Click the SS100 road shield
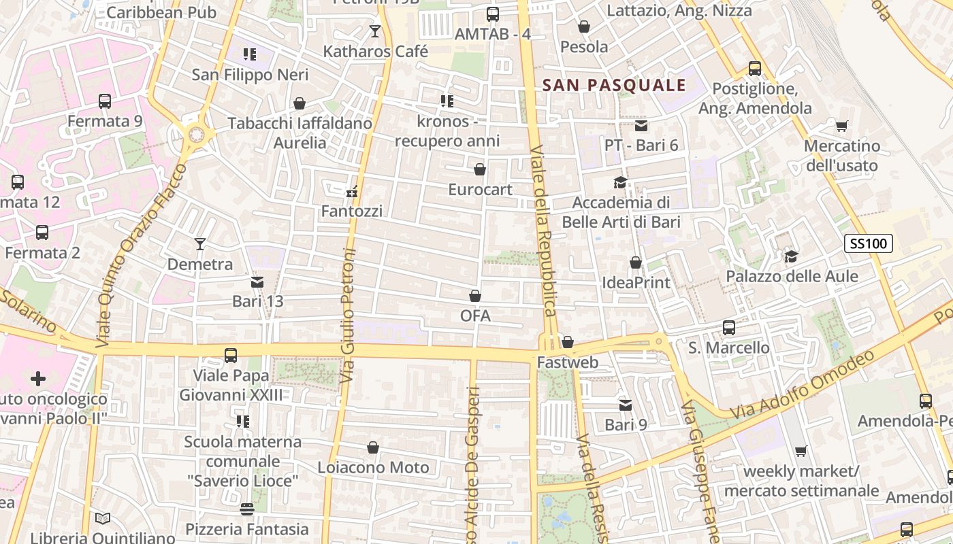[x=868, y=243]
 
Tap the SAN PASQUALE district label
[x=614, y=85]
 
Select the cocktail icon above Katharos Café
[x=374, y=31]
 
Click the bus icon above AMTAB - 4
[x=492, y=14]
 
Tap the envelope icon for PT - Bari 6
[x=641, y=126]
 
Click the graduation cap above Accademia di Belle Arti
[x=620, y=182]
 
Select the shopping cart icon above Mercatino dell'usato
[x=842, y=126]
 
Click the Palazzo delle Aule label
[x=792, y=277]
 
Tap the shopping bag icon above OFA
[x=475, y=296]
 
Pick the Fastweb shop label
[x=568, y=362]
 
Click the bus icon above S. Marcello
[x=729, y=328]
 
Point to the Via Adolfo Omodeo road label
[x=803, y=384]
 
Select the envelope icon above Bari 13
[x=257, y=282]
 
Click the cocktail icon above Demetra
[x=199, y=243]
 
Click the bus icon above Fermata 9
[x=104, y=101]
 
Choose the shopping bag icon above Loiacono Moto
[x=373, y=447]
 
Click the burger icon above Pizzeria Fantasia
[x=247, y=509]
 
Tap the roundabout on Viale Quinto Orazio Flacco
[x=197, y=133]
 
